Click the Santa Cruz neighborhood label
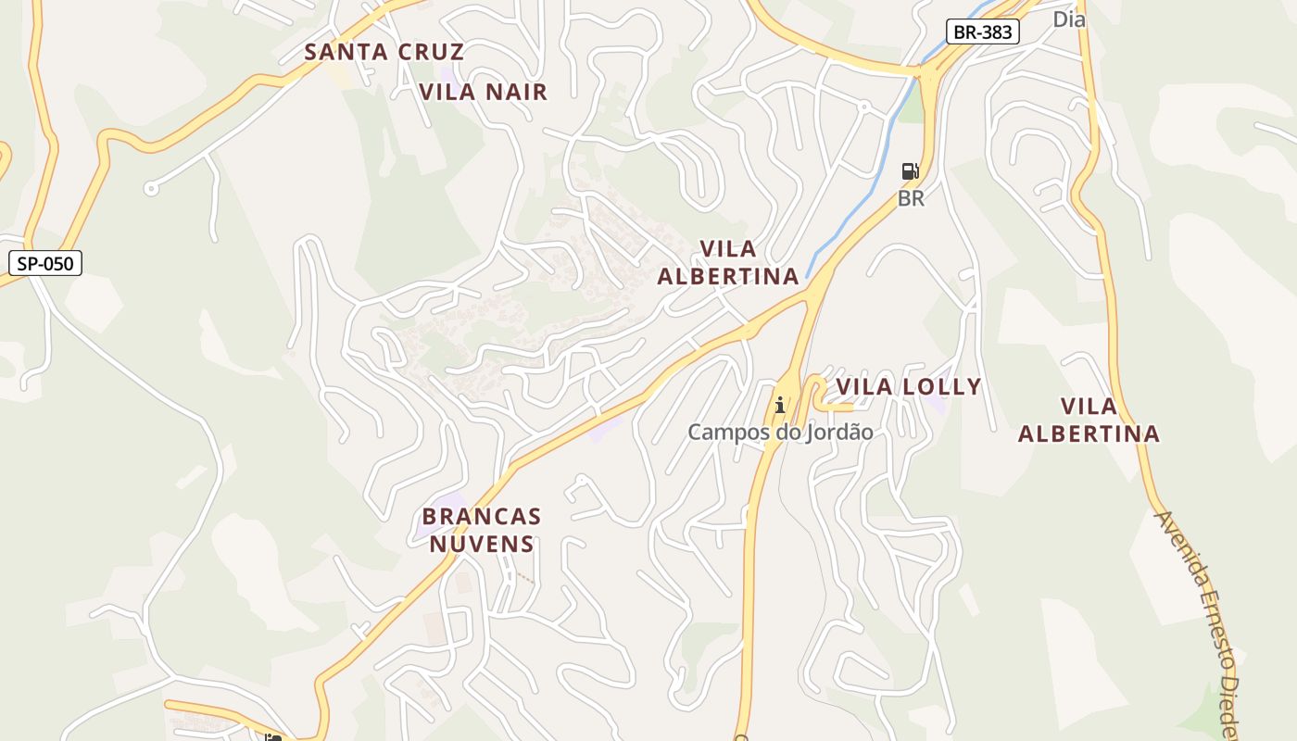pos(384,52)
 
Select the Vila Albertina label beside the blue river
pos(728,262)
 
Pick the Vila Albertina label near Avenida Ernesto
pos(1089,420)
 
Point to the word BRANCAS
pos(482,516)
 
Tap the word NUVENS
pos(482,544)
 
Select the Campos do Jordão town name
pos(780,432)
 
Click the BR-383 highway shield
pos(982,32)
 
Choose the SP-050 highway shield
pos(45,264)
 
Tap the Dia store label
pos(1068,19)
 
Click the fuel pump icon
pos(910,171)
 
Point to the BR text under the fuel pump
pos(911,198)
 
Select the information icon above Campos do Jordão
pos(780,405)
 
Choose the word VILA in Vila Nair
pos(447,92)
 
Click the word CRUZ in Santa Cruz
pos(431,52)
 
